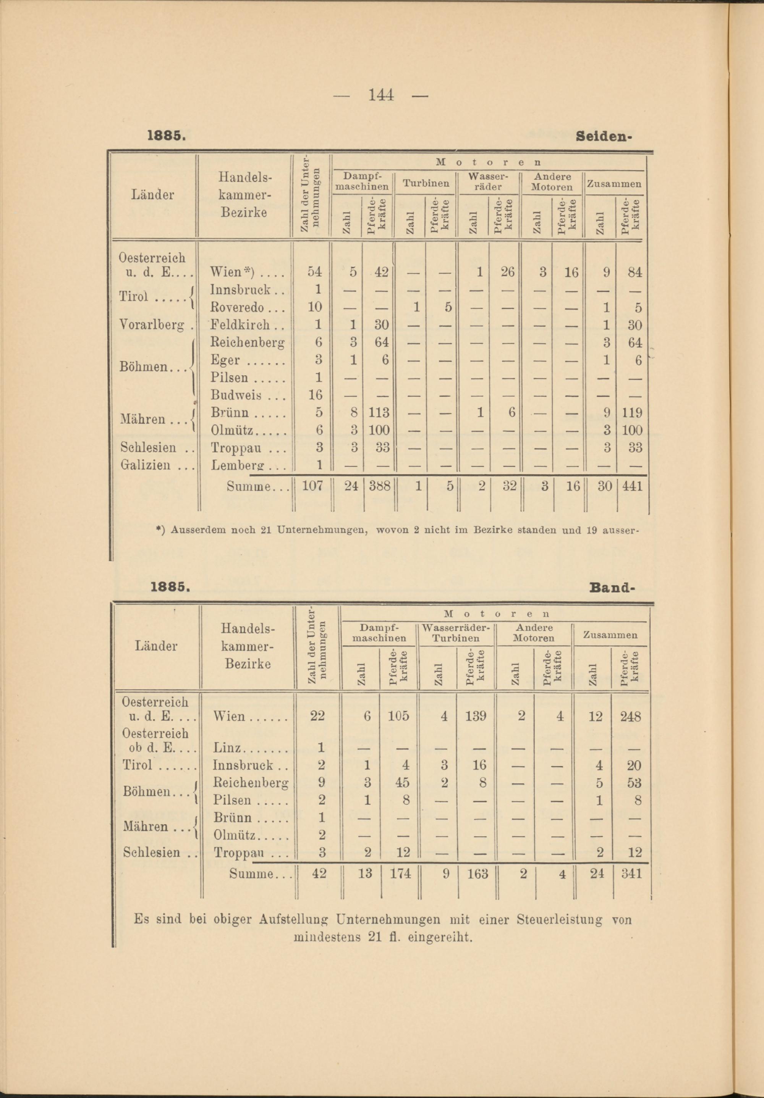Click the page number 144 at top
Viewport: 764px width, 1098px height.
[x=381, y=95]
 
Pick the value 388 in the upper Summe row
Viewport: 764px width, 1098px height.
[x=379, y=486]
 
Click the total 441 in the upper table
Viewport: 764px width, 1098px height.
[x=631, y=486]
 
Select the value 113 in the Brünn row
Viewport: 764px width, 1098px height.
[x=379, y=413]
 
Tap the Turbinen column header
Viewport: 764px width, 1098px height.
[x=425, y=183]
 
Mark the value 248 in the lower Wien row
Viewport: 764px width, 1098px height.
[x=631, y=716]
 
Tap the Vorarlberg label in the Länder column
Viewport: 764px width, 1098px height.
[x=152, y=325]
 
